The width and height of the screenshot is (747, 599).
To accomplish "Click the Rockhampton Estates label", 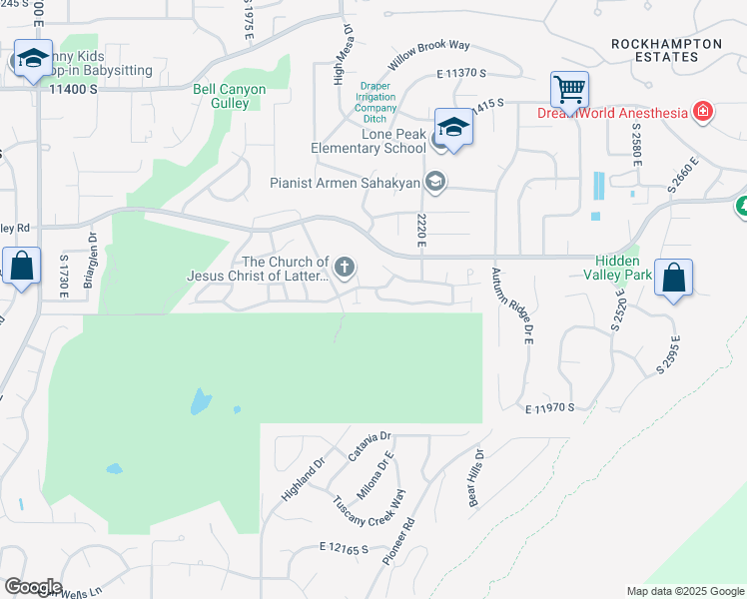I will [x=667, y=50].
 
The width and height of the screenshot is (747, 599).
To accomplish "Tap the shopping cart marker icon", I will [x=569, y=90].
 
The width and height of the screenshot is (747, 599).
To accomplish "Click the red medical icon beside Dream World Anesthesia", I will [x=703, y=111].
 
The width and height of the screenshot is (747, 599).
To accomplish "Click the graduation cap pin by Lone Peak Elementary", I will [x=452, y=128].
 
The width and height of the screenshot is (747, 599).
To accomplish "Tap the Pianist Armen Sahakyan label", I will [x=347, y=183].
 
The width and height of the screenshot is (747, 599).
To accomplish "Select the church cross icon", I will [x=345, y=267].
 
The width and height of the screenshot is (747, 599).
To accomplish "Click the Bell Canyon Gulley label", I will [x=230, y=96].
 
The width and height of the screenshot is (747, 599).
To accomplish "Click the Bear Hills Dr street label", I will [x=477, y=477].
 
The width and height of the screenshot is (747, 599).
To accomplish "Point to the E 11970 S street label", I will [x=549, y=407].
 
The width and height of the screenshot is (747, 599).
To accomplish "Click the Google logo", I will [x=32, y=587].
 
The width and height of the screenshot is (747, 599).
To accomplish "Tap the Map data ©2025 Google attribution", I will [x=685, y=591].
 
